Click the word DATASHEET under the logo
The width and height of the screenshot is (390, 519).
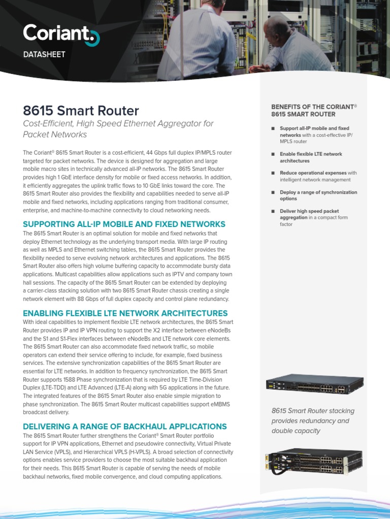point(44,54)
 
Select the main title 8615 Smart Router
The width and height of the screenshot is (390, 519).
point(81,110)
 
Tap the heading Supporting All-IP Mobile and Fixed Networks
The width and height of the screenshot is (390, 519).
point(124,224)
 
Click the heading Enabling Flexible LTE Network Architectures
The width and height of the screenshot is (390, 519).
point(125,313)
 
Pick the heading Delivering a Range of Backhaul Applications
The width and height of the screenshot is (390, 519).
point(124,426)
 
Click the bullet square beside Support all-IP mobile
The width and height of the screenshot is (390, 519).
point(273,129)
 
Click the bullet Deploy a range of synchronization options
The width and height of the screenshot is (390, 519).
point(318,195)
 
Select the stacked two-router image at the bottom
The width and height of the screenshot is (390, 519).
point(313,462)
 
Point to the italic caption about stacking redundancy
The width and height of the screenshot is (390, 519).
point(313,421)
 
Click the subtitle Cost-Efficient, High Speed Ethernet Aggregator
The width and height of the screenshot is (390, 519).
point(118,129)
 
